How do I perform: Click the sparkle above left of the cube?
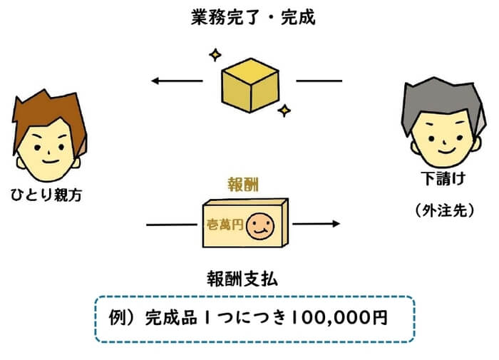(213, 54)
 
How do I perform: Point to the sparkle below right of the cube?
(284, 110)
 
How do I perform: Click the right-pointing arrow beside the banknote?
(317, 223)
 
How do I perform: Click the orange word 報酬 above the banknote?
(243, 184)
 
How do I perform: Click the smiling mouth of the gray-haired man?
(445, 149)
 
